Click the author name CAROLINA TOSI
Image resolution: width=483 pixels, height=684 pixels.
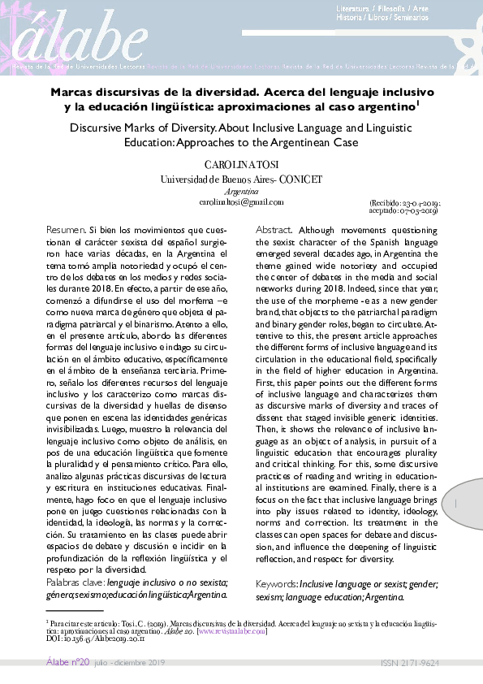pyautogui.click(x=241, y=165)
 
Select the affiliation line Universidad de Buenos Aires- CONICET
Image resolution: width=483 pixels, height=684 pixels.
pyautogui.click(x=241, y=179)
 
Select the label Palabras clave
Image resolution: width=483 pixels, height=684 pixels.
pyautogui.click(x=75, y=582)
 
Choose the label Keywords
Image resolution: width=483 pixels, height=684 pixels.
pyautogui.click(x=276, y=584)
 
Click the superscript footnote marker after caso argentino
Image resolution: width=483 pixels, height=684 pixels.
pyautogui.click(x=418, y=102)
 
